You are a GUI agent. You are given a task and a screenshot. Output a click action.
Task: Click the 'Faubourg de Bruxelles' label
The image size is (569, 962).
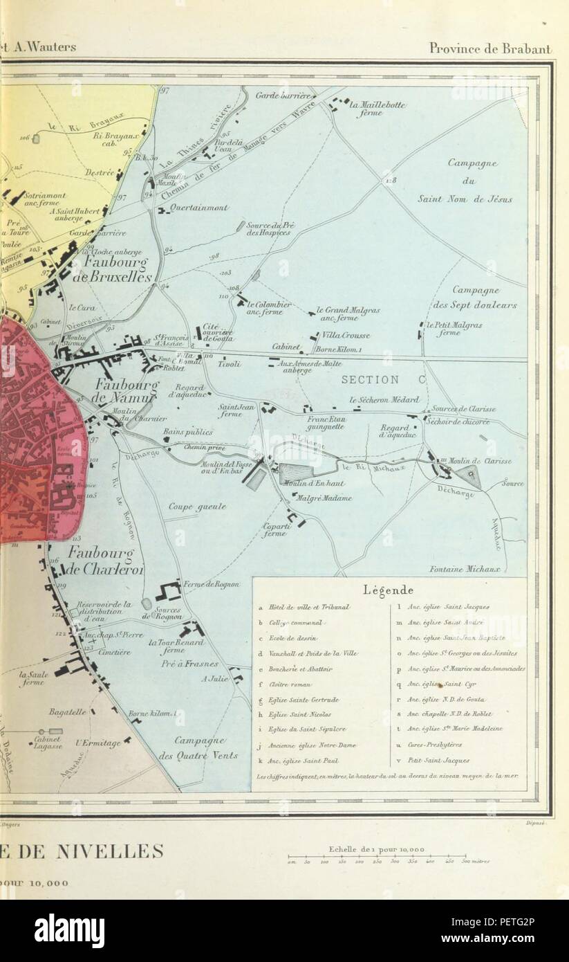tap(118, 270)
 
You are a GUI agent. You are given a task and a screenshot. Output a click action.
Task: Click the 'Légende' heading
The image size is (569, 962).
tap(388, 590)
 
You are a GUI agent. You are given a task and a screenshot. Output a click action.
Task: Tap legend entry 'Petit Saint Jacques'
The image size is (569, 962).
tap(439, 761)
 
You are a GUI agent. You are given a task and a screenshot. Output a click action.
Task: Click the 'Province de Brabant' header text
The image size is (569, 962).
tap(489, 48)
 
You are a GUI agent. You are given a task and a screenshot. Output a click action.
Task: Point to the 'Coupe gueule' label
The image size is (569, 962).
tap(197, 507)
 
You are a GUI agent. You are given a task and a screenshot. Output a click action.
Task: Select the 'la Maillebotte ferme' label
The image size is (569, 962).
tap(377, 109)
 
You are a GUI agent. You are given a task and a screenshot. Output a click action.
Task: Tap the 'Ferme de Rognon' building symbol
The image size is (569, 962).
tap(168, 591)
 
